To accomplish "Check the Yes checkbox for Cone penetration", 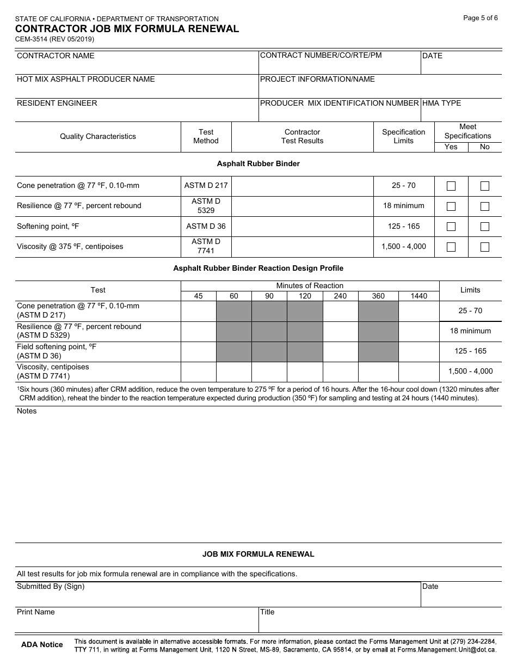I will (x=451, y=186).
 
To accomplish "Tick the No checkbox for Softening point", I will (x=484, y=227).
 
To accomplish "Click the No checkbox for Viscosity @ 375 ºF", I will (x=484, y=247).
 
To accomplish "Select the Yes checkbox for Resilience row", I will (x=451, y=206).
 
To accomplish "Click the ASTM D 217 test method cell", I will (x=206, y=186).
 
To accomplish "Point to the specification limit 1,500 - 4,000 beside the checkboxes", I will (x=404, y=247).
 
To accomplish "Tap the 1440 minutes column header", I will (x=418, y=296).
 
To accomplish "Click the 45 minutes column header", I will (x=198, y=296).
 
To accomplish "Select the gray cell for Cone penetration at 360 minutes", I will (x=378, y=311).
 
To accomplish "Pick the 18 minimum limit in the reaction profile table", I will (x=470, y=331).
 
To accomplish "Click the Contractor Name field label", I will (x=56, y=56).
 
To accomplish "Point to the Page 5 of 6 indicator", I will (x=480, y=18).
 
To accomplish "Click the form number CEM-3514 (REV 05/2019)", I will (x=54, y=39).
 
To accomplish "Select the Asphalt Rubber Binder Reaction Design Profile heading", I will (x=258, y=269).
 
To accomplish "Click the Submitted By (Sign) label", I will (x=51, y=587).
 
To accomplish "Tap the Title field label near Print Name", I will (x=267, y=612).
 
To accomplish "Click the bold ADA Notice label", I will (x=42, y=645).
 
